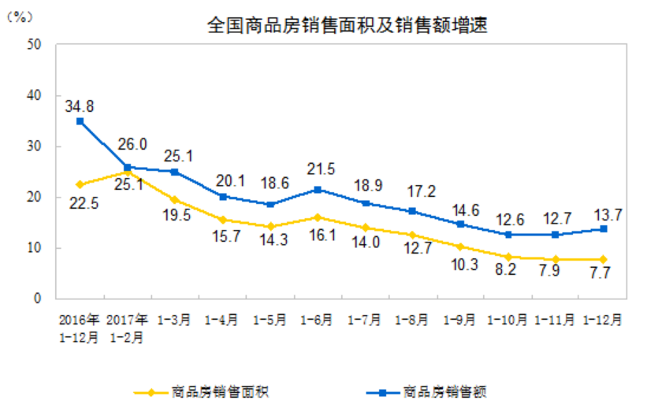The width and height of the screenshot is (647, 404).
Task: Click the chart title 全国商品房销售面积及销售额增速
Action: (x=346, y=25)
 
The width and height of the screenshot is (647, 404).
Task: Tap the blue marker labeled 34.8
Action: (x=80, y=121)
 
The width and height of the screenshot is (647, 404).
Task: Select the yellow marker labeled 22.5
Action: (x=80, y=184)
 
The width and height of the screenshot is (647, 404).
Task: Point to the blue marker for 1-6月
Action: (x=318, y=189)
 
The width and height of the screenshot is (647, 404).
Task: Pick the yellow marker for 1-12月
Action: (x=602, y=259)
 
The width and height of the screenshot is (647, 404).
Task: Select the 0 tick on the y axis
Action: (x=37, y=298)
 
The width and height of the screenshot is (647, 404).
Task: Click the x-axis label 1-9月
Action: (x=460, y=321)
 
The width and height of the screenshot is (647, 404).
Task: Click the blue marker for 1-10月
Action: (x=508, y=235)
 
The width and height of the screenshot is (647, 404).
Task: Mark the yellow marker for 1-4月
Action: (x=223, y=220)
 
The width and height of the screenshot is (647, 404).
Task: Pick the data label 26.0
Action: (x=131, y=145)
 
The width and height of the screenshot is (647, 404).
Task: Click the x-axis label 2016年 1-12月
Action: (x=80, y=328)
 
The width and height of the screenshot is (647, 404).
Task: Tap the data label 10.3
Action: (x=460, y=265)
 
